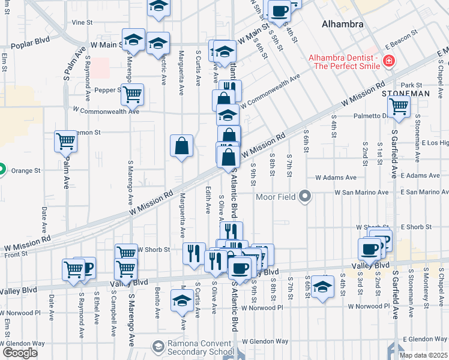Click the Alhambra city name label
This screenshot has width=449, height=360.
pyautogui.click(x=343, y=25)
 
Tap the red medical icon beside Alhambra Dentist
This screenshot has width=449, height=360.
pyautogui.click(x=389, y=61)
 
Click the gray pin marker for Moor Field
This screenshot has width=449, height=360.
pyautogui.click(x=306, y=196)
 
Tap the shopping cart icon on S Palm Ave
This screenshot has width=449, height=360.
pyautogui.click(x=66, y=142)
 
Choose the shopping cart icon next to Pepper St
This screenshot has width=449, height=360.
pyautogui.click(x=132, y=94)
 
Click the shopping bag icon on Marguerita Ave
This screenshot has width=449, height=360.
pyautogui.click(x=181, y=145)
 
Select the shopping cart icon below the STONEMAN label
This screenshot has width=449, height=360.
pyautogui.click(x=399, y=107)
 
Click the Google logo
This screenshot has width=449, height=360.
pyautogui.click(x=20, y=353)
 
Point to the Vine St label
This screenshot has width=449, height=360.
pyautogui.click(x=82, y=22)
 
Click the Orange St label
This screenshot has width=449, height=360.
pyautogui.click(x=28, y=170)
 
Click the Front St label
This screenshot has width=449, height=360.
pyautogui.click(x=17, y=254)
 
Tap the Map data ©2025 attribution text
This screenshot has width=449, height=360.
pyautogui.click(x=423, y=355)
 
